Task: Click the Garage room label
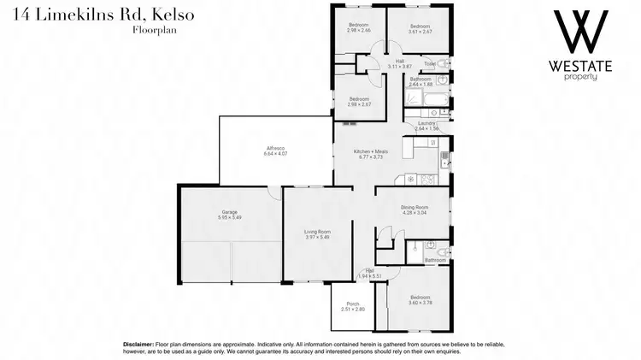click(230, 212)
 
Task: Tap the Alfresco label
click(275, 150)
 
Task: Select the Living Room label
click(317, 232)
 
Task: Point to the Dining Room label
click(414, 208)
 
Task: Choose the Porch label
click(352, 304)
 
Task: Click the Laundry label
click(426, 123)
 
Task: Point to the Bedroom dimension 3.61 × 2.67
click(418, 31)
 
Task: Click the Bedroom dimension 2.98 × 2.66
click(359, 31)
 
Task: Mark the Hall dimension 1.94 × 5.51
click(370, 275)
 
